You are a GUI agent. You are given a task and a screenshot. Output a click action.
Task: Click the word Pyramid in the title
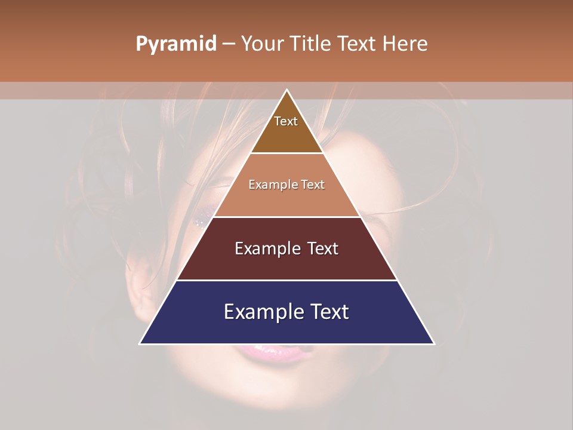click(x=175, y=44)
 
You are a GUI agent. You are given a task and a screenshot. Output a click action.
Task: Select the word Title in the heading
click(x=313, y=44)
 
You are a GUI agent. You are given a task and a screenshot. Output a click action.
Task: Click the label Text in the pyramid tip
click(x=286, y=121)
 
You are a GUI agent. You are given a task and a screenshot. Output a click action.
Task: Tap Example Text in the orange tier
click(x=286, y=185)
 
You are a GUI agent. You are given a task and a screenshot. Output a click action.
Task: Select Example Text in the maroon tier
click(x=286, y=248)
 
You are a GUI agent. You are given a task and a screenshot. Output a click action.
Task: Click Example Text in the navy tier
click(x=286, y=312)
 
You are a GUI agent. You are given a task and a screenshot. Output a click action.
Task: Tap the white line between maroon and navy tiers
click(x=286, y=280)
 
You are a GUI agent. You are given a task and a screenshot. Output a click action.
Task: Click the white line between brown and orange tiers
click(x=286, y=153)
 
